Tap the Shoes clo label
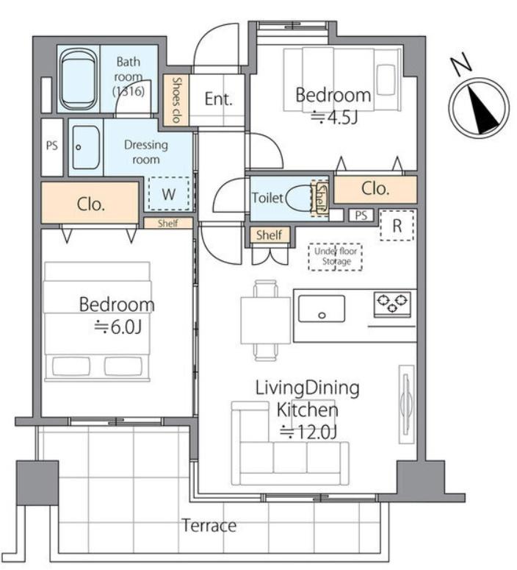pyautogui.click(x=176, y=99)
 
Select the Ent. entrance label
pyautogui.click(x=218, y=99)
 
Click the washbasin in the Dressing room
pyautogui.click(x=86, y=147)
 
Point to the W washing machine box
pyautogui.click(x=169, y=193)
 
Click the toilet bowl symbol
pyautogui.click(x=300, y=198)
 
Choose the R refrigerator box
pyautogui.click(x=397, y=225)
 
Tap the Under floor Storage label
pyautogui.click(x=336, y=256)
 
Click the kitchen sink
pyautogui.click(x=322, y=309)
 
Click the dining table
pyautogui.click(x=266, y=320)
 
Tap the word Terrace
pyautogui.click(x=209, y=526)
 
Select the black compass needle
pyautogui.click(x=482, y=110)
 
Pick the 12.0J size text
pyautogui.click(x=308, y=432)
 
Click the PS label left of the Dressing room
pyautogui.click(x=52, y=146)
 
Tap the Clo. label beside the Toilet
pyautogui.click(x=375, y=189)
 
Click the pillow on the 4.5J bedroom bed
pyautogui.click(x=386, y=75)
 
